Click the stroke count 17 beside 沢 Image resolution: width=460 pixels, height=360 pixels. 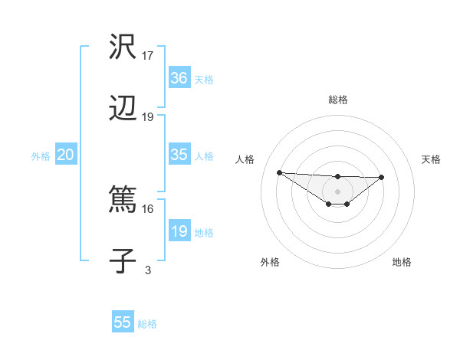(148, 55)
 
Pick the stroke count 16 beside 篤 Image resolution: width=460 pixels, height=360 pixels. (148, 208)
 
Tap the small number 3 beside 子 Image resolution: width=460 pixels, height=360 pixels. (148, 270)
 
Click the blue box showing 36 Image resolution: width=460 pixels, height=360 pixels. (179, 78)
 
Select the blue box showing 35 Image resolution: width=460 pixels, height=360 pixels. (179, 155)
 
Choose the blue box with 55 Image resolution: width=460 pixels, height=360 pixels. (123, 322)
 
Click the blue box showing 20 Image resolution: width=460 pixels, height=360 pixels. (66, 155)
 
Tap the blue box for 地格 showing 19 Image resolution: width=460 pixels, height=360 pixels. (179, 231)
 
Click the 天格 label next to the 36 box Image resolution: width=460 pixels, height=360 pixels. (204, 80)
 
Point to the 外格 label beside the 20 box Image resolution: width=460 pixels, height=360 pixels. (41, 156)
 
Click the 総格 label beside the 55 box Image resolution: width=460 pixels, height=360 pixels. (147, 324)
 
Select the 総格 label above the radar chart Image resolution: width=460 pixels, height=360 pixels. (338, 100)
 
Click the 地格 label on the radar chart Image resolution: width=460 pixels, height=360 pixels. (402, 262)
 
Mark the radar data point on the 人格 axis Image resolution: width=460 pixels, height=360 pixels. (279, 172)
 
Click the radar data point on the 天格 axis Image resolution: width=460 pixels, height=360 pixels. (382, 177)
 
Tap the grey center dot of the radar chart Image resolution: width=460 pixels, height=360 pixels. (338, 191)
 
